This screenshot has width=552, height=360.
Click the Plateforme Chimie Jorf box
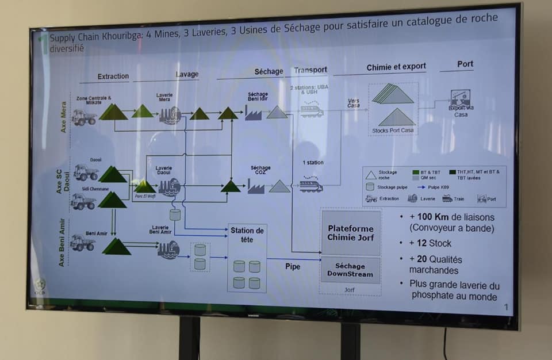coord(350,232)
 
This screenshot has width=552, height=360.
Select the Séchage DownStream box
coord(350,270)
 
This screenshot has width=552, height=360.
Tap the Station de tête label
coord(247,235)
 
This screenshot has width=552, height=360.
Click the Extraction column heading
coord(113,76)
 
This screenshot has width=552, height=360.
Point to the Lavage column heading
coord(187,74)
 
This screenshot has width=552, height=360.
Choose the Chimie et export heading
coord(396,67)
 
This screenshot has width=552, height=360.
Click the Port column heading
coord(465,64)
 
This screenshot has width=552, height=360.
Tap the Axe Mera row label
coord(63,117)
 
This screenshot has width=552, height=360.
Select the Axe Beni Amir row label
coord(63,242)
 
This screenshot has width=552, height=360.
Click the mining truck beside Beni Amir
coord(82,243)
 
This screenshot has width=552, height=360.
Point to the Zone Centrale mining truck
coord(84,117)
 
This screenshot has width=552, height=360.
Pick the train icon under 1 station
coord(310,186)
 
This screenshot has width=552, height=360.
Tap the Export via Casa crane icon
coord(460,98)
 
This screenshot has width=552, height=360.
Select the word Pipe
coord(293,266)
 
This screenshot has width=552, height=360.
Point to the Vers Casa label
coord(353,103)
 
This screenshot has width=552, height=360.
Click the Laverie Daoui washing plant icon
coord(170,186)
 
